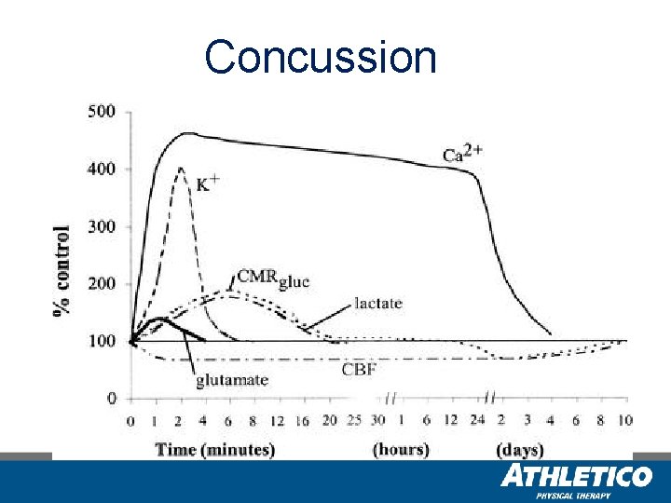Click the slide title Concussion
point(321,57)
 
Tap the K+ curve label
point(207,184)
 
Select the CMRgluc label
point(273,278)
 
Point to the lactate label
point(377,303)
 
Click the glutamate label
point(232,379)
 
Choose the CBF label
point(358,370)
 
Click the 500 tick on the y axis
point(102,112)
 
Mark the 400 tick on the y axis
point(102,169)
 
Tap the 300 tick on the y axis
point(102,226)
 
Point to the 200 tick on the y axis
point(102,284)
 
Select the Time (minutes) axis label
point(214,450)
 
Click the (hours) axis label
point(400,450)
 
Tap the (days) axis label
point(520,450)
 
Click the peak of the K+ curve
point(180,169)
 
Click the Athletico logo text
point(576,477)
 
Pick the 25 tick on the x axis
point(353,421)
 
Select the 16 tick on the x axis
point(301,421)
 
